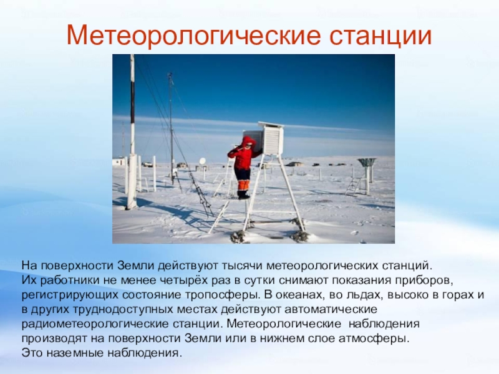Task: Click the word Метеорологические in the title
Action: (x=193, y=35)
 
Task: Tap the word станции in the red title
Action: (x=380, y=36)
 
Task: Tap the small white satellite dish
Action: (x=202, y=161)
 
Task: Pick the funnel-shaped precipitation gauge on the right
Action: (x=367, y=163)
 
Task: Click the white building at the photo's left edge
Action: (x=118, y=161)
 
